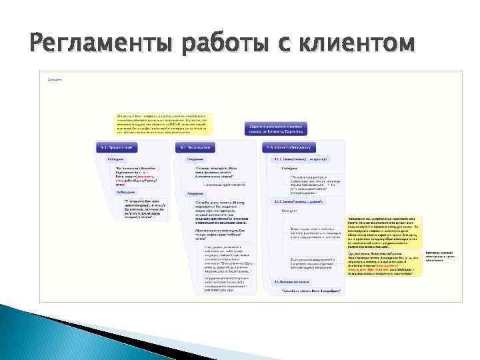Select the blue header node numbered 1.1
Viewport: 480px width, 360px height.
118,146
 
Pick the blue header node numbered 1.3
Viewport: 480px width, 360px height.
291,146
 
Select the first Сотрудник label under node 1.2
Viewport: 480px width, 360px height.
195,160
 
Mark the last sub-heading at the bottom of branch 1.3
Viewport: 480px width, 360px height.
291,282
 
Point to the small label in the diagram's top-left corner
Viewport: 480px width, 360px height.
55,79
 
